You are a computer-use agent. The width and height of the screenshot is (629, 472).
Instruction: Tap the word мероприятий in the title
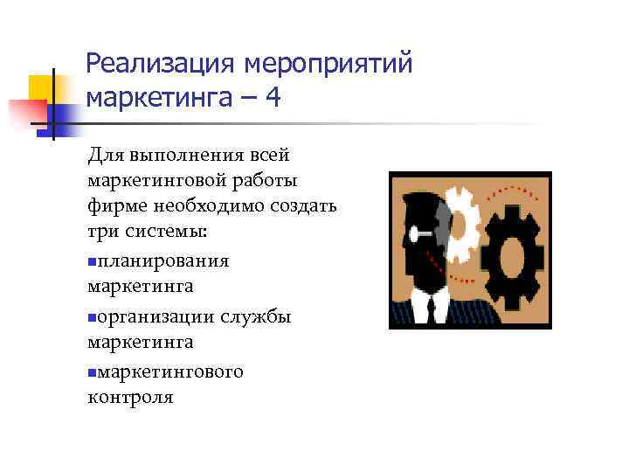pos(328,64)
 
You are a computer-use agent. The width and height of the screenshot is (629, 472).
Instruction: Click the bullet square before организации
pos(92,317)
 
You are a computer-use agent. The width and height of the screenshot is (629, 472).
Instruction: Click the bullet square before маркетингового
pos(92,371)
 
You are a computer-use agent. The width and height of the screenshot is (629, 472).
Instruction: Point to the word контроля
pos(130,397)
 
